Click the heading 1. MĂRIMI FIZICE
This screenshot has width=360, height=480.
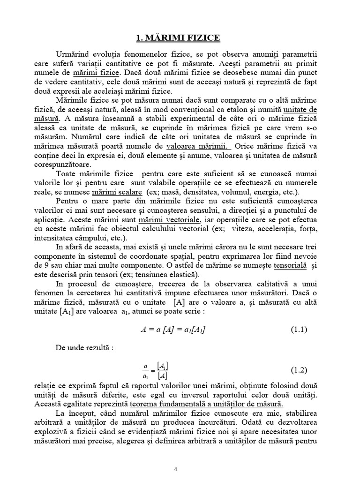point(180,37)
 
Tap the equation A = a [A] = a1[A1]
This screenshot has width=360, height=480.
point(173,330)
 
